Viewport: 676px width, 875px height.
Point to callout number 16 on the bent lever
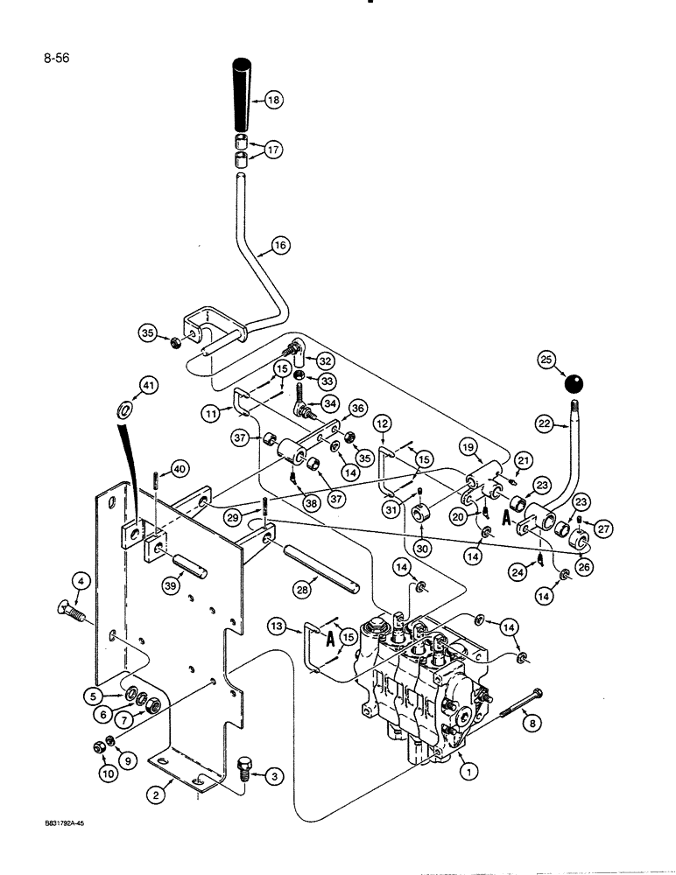click(279, 247)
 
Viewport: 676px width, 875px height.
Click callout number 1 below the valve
click(471, 771)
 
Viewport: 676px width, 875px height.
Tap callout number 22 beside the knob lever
click(545, 424)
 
